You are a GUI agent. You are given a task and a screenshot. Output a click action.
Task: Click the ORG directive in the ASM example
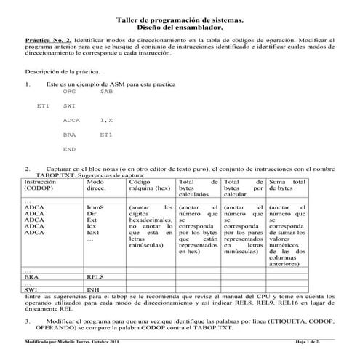pos(70,92)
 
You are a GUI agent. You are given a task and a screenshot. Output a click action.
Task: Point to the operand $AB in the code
pos(106,92)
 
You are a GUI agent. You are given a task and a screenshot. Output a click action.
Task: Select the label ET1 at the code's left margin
pos(43,106)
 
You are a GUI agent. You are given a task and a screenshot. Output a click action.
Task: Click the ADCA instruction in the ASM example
pos(71,120)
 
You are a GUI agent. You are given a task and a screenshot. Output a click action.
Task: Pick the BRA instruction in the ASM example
pos(70,135)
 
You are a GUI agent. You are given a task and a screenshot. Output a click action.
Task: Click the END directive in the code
pos(70,148)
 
